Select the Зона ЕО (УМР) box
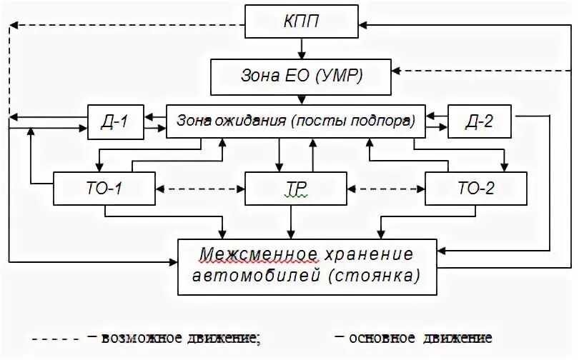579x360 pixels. tap(302, 76)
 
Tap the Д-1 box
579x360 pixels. tap(114, 121)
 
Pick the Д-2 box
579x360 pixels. tap(479, 121)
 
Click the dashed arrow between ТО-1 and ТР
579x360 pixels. tap(200, 190)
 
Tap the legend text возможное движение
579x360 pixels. tap(179, 337)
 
